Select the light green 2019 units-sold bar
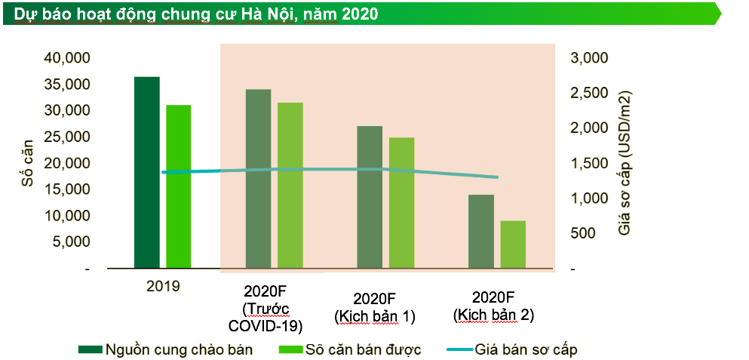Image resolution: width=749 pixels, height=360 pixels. point(179,186)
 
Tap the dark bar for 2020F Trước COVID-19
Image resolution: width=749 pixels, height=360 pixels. point(258,179)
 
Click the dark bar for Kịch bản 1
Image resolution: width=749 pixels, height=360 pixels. point(370,197)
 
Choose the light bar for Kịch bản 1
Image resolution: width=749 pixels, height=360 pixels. point(401,202)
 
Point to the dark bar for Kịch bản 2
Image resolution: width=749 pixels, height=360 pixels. point(481,231)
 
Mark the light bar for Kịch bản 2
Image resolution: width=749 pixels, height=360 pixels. point(513,245)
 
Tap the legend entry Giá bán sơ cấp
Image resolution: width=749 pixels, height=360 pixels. point(526,349)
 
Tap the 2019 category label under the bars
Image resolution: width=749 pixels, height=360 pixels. point(163,286)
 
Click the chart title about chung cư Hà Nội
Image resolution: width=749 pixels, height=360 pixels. point(196,14)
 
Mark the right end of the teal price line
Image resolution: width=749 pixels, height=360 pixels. point(497,177)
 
